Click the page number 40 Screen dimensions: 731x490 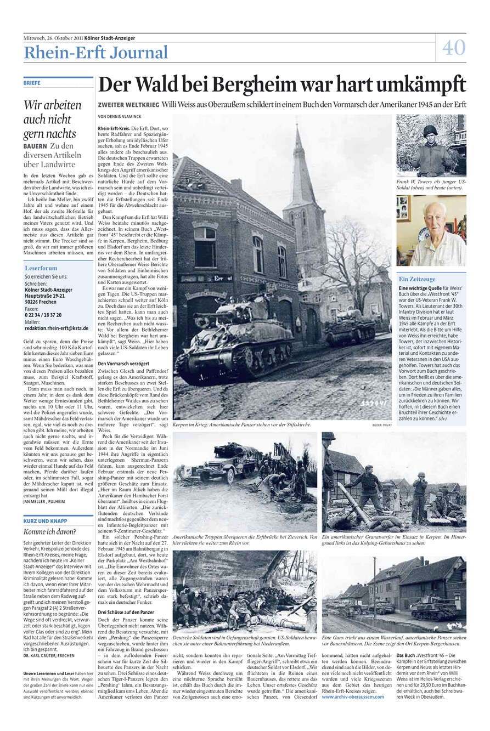point(454,48)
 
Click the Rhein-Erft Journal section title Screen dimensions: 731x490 point(95,53)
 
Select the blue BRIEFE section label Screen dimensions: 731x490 point(32,83)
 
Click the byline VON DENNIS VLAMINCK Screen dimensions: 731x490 point(120,116)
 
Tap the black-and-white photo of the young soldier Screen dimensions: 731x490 point(431,146)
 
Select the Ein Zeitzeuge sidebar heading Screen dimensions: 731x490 point(417,279)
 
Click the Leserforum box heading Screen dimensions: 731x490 point(41,268)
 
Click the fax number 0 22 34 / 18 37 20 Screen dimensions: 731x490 point(43,315)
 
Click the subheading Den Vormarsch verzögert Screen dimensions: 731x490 point(125,364)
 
